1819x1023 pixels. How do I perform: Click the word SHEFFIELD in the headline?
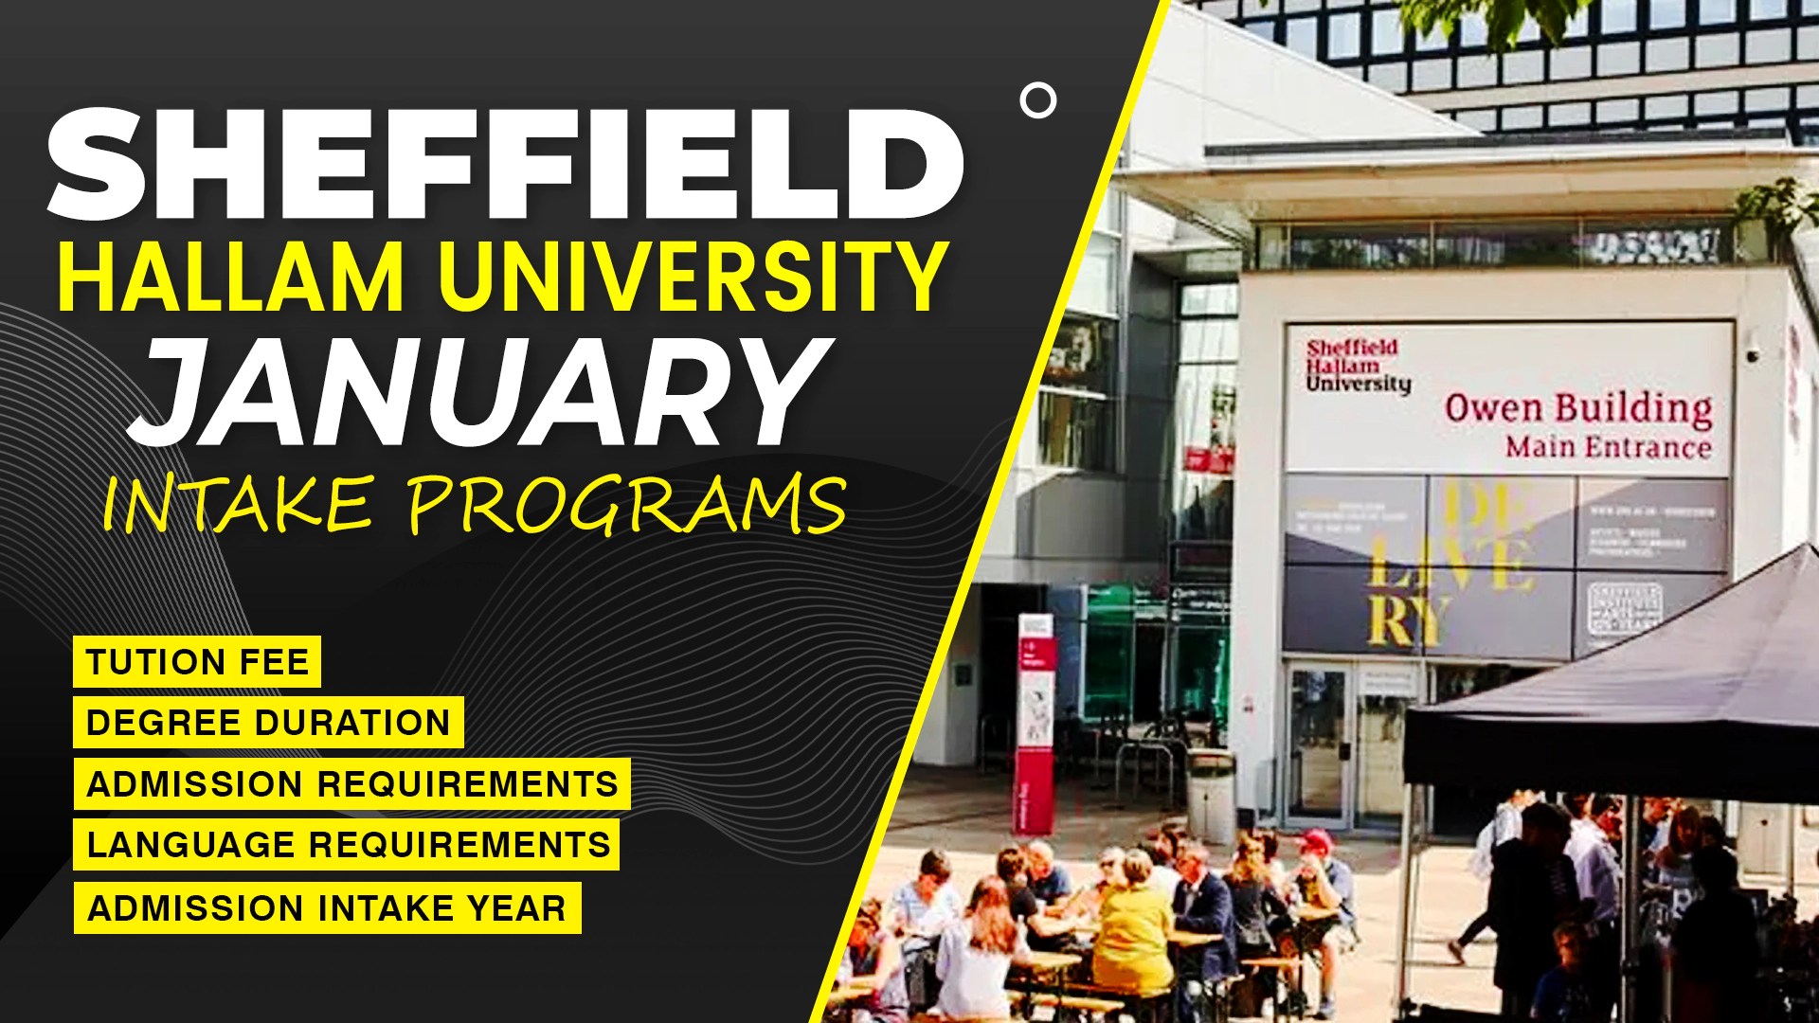[504, 165]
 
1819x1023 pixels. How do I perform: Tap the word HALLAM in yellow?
[231, 278]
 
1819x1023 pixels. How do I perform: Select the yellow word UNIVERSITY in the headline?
[693, 278]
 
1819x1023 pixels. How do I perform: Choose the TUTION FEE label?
[197, 661]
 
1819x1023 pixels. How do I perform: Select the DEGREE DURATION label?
[268, 723]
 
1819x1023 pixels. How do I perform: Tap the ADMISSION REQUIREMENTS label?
[351, 784]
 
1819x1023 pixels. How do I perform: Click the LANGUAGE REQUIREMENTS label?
[347, 845]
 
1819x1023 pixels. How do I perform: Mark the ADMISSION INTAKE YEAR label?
[327, 907]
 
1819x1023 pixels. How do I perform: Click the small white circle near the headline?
[1038, 100]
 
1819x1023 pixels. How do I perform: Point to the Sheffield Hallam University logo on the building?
[1357, 366]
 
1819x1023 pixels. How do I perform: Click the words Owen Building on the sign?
[1577, 409]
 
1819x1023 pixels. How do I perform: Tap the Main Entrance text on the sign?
[1608, 446]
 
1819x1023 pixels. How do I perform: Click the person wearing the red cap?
[1314, 852]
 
